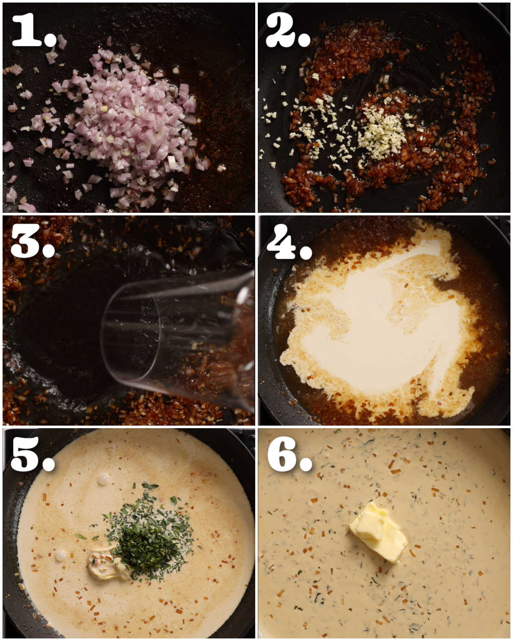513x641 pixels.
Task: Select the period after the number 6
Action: coord(306,465)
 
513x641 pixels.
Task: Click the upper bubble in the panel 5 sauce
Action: coord(103,479)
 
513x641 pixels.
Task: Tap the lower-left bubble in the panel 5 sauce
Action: coord(60,555)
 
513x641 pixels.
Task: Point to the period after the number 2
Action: coord(304,40)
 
